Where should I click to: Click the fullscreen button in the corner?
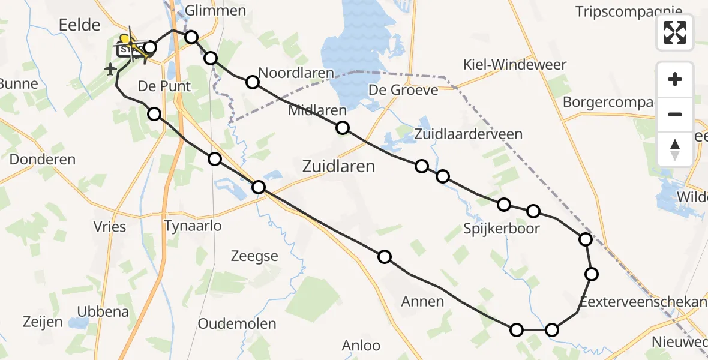point(675,32)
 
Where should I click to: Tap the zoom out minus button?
point(675,114)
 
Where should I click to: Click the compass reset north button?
point(675,149)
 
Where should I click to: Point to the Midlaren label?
point(317,110)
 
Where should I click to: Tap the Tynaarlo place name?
point(193,226)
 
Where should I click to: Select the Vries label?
point(110,226)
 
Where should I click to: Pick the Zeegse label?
point(254,256)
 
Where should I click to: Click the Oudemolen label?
point(237,324)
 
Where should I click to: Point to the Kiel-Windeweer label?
point(515,65)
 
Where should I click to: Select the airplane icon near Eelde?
point(110,70)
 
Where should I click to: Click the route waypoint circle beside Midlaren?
point(343,128)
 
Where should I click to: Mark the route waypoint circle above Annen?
point(385,257)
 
